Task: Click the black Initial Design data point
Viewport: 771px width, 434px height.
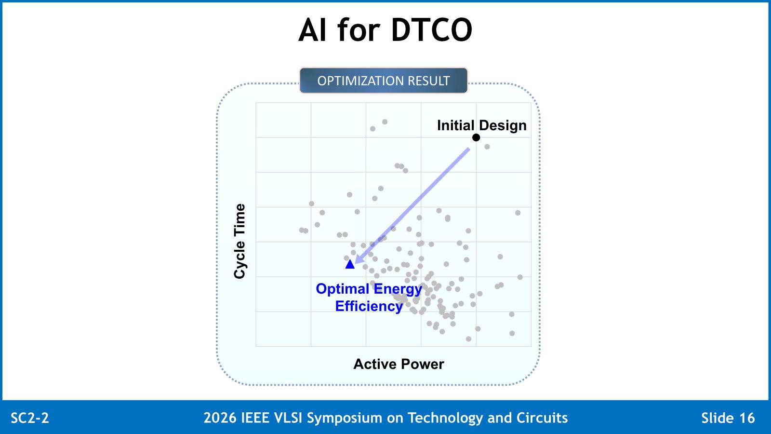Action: pyautogui.click(x=476, y=137)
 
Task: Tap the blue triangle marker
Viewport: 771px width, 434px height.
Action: pyautogui.click(x=350, y=264)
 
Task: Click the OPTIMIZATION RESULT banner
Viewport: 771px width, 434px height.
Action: pyautogui.click(x=384, y=81)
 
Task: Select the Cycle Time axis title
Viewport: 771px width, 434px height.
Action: pyautogui.click(x=239, y=241)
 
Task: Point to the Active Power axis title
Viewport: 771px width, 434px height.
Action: pyautogui.click(x=399, y=364)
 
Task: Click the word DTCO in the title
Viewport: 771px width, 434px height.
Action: pyautogui.click(x=432, y=30)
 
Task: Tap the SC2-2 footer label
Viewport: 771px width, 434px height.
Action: pyautogui.click(x=30, y=418)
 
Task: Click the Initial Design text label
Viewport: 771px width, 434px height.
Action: pyautogui.click(x=481, y=125)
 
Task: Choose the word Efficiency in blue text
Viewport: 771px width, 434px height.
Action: pyautogui.click(x=369, y=306)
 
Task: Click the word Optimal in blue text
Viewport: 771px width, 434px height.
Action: pyautogui.click(x=343, y=289)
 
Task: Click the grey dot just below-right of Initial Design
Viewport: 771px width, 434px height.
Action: pyautogui.click(x=487, y=147)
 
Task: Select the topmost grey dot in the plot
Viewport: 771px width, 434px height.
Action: pyautogui.click(x=385, y=122)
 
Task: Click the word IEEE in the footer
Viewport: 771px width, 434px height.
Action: pyautogui.click(x=255, y=418)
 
